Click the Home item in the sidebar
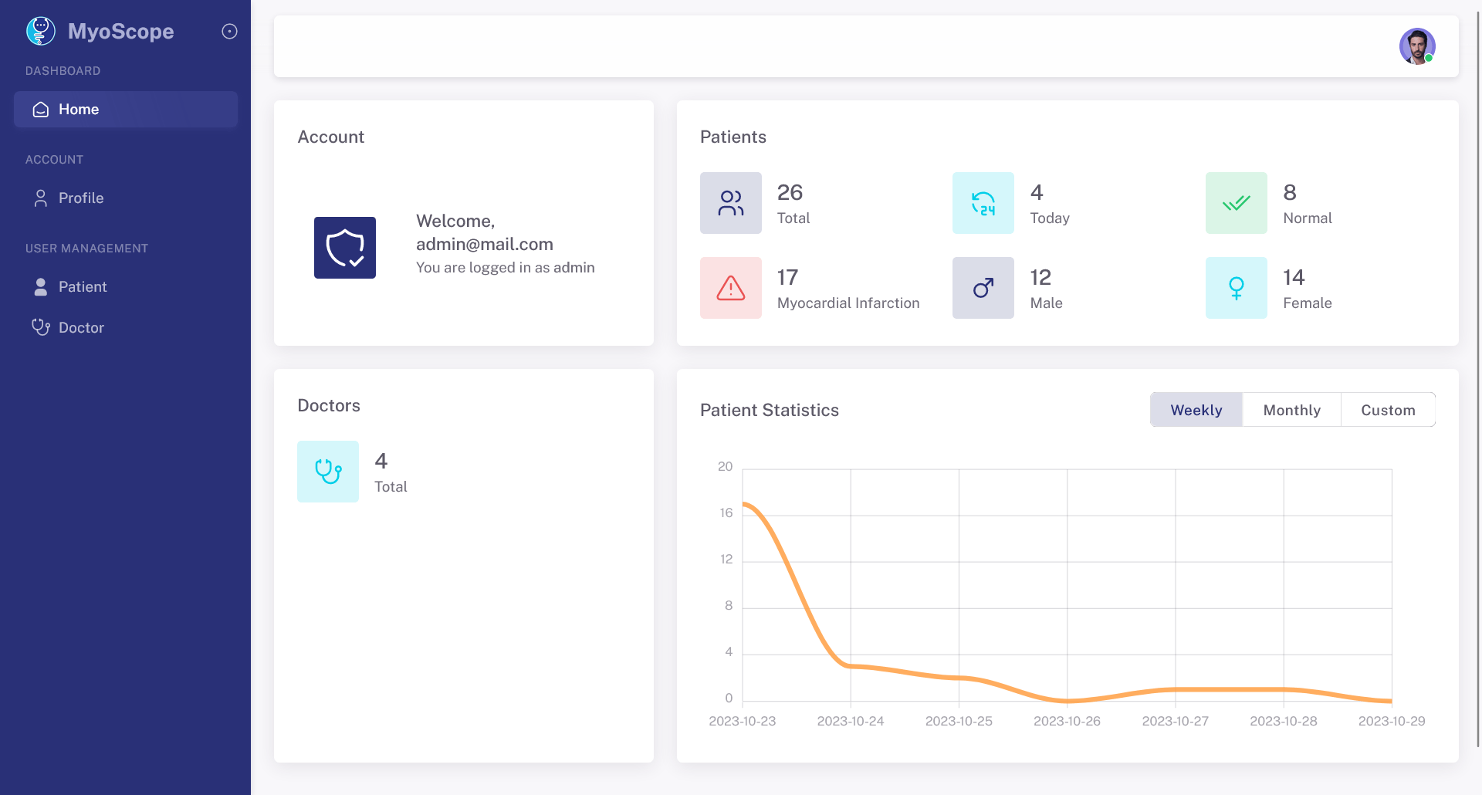125,110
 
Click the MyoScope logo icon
41,31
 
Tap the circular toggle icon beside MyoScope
229,32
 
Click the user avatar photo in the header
1417,46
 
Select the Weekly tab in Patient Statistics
1196,410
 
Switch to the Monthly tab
1292,410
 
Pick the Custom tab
1388,410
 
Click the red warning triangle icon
731,288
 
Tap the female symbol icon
1237,288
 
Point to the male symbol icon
983,288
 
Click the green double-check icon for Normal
1237,203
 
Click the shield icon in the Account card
345,248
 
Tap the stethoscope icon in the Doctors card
328,472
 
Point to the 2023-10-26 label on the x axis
1067,721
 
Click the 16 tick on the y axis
726,513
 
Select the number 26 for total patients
790,192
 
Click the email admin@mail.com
485,245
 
